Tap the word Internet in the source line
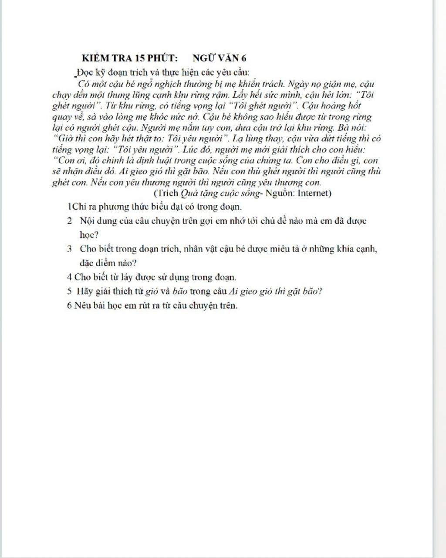coord(314,193)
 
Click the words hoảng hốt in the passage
coord(344,106)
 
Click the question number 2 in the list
coord(69,221)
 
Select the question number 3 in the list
coord(69,249)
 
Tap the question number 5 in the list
coord(69,291)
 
